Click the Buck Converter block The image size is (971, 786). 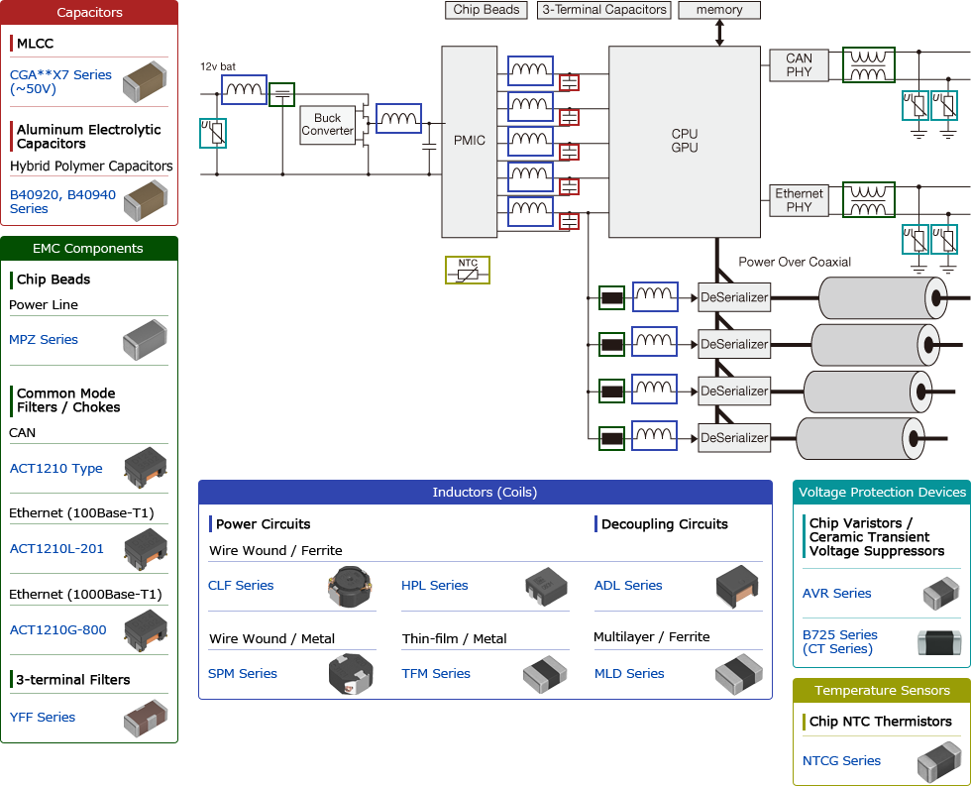(327, 124)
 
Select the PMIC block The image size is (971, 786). (469, 141)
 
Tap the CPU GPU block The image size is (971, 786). (684, 141)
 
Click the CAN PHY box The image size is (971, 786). (799, 65)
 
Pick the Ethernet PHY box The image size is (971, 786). (799, 200)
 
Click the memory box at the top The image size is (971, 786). (719, 10)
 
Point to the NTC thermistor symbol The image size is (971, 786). (468, 270)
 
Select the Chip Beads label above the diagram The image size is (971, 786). (486, 10)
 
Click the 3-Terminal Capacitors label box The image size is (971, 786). (603, 10)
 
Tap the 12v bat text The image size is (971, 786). (218, 66)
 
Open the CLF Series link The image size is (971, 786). (241, 586)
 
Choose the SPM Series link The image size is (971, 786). (243, 674)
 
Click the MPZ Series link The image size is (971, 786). (44, 340)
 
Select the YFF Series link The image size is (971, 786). (43, 718)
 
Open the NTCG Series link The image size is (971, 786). (841, 761)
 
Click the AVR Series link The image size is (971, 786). (836, 594)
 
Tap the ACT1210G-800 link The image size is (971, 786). (57, 630)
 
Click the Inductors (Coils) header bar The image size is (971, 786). (485, 493)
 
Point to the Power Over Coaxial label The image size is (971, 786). (795, 263)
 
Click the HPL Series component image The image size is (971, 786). (546, 587)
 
